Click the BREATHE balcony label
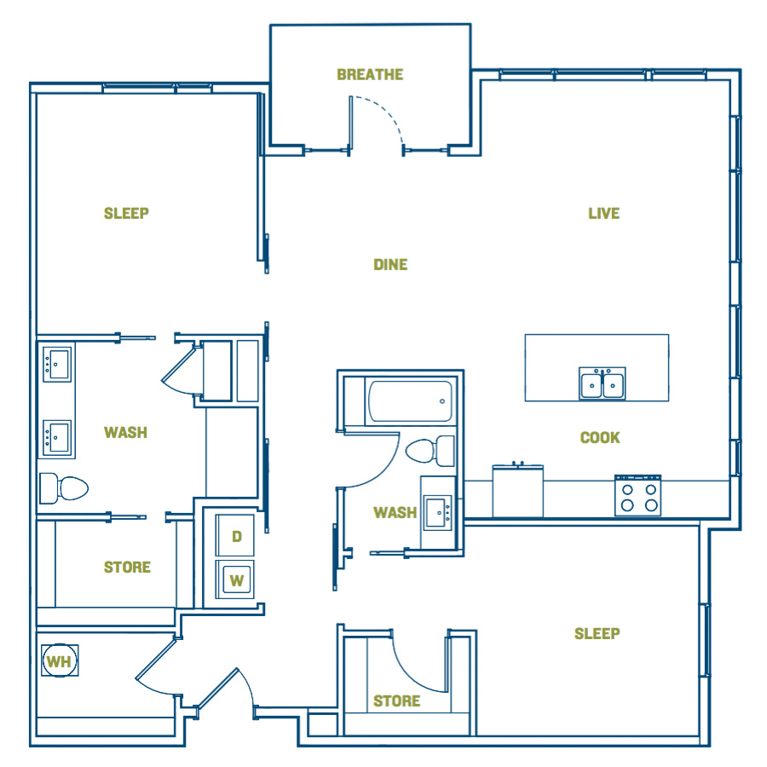tap(370, 74)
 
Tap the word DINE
tap(390, 265)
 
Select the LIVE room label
tap(603, 213)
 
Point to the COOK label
tap(600, 437)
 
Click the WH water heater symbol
tap(59, 660)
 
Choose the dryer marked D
tap(235, 535)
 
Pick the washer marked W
tap(235, 580)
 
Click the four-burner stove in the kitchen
tap(637, 495)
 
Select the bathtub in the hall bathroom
tap(410, 401)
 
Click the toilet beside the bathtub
tap(430, 451)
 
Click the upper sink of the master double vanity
tap(57, 364)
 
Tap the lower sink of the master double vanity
tap(57, 438)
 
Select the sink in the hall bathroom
tap(438, 513)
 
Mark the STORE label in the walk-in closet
tap(127, 567)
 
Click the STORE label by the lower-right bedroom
tap(396, 701)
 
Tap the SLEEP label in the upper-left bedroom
tap(126, 213)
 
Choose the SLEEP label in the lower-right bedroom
tap(597, 633)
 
